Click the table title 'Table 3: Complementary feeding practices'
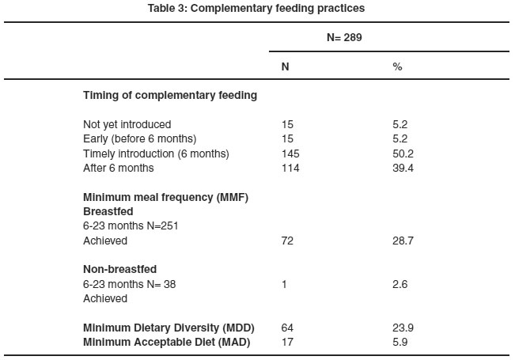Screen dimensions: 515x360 point(256,8)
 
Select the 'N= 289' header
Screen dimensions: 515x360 point(344,37)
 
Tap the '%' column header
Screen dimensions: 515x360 point(397,66)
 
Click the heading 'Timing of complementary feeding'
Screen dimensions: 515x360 point(170,95)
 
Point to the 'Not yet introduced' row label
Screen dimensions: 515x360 point(127,124)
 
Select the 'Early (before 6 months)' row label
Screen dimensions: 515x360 point(139,138)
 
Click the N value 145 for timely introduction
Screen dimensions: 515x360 point(290,153)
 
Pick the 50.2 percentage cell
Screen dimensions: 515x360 point(403,153)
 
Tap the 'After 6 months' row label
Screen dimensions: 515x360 point(118,169)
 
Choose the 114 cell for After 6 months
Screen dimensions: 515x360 point(290,169)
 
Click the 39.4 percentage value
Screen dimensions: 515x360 point(403,169)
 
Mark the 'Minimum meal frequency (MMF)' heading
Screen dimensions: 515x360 point(165,198)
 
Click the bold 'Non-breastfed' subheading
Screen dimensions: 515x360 point(120,269)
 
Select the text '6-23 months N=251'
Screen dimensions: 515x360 point(131,226)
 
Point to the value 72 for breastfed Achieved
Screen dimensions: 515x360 point(287,241)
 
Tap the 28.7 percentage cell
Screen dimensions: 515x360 point(403,241)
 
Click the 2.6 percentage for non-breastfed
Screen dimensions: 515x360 point(400,284)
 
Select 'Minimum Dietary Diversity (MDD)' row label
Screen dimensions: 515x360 point(169,328)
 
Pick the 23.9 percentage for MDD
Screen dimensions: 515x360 point(403,328)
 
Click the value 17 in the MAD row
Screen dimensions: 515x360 point(287,343)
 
